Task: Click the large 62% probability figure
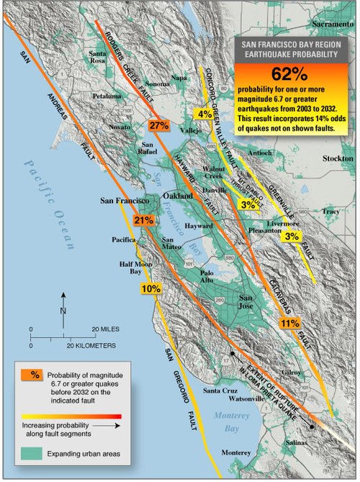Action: point(291,74)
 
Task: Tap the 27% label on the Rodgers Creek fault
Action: point(158,125)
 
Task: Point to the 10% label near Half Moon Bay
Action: point(150,289)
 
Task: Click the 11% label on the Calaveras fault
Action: point(289,322)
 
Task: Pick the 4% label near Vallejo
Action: point(204,115)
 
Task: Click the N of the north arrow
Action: point(64,311)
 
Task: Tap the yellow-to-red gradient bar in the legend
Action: point(72,416)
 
